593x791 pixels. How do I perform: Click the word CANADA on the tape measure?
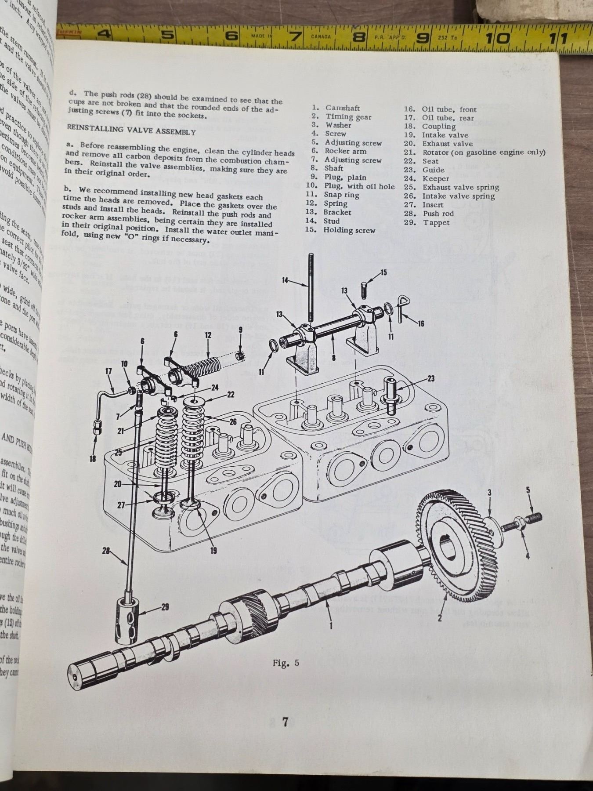pyautogui.click(x=321, y=36)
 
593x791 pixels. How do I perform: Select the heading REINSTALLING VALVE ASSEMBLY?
pyautogui.click(x=131, y=130)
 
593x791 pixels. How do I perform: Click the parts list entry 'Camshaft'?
pyautogui.click(x=342, y=108)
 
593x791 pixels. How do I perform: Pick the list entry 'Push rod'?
pyautogui.click(x=438, y=214)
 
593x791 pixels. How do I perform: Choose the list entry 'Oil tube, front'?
pyautogui.click(x=449, y=109)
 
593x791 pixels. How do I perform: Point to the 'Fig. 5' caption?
pyautogui.click(x=286, y=663)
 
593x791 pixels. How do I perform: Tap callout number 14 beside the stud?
pyautogui.click(x=285, y=280)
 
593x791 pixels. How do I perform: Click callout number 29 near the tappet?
pyautogui.click(x=165, y=607)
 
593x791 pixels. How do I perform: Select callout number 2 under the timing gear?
pyautogui.click(x=439, y=618)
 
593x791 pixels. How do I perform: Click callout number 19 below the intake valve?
pyautogui.click(x=213, y=550)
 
